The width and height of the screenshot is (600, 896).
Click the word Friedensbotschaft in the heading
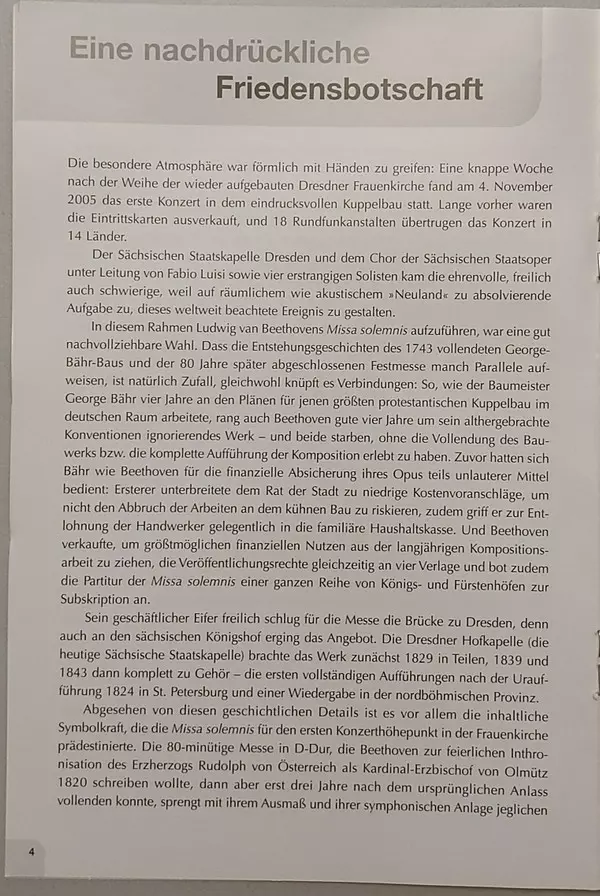click(349, 89)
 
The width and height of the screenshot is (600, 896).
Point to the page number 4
click(31, 851)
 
